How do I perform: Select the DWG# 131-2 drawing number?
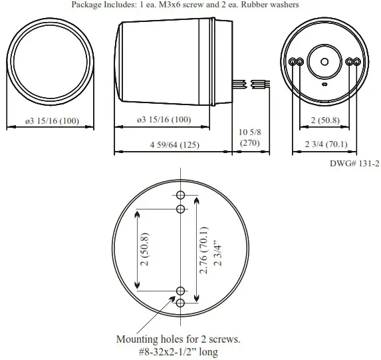click(x=354, y=163)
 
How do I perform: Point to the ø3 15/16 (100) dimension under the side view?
click(x=163, y=120)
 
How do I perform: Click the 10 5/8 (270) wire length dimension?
click(x=249, y=138)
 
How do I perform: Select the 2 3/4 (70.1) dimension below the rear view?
click(x=326, y=144)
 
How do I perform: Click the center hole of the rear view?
click(x=324, y=62)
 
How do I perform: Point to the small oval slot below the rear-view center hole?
click(x=324, y=85)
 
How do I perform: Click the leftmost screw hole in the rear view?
click(x=293, y=62)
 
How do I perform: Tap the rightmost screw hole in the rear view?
click(x=357, y=62)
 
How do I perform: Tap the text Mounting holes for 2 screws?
click(x=178, y=339)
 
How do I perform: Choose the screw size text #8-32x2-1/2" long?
click(x=178, y=352)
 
